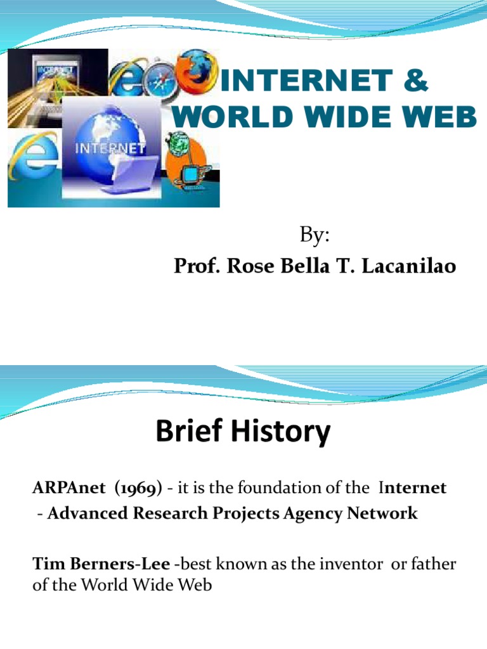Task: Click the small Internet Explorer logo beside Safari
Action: pos(127,82)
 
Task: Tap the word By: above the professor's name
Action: pos(315,236)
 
